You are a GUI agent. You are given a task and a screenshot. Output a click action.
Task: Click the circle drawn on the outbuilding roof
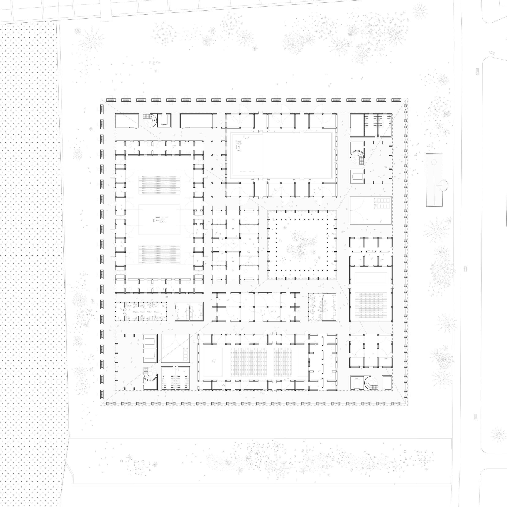[433, 162]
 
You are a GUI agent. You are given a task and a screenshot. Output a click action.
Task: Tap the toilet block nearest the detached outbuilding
[378, 125]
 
